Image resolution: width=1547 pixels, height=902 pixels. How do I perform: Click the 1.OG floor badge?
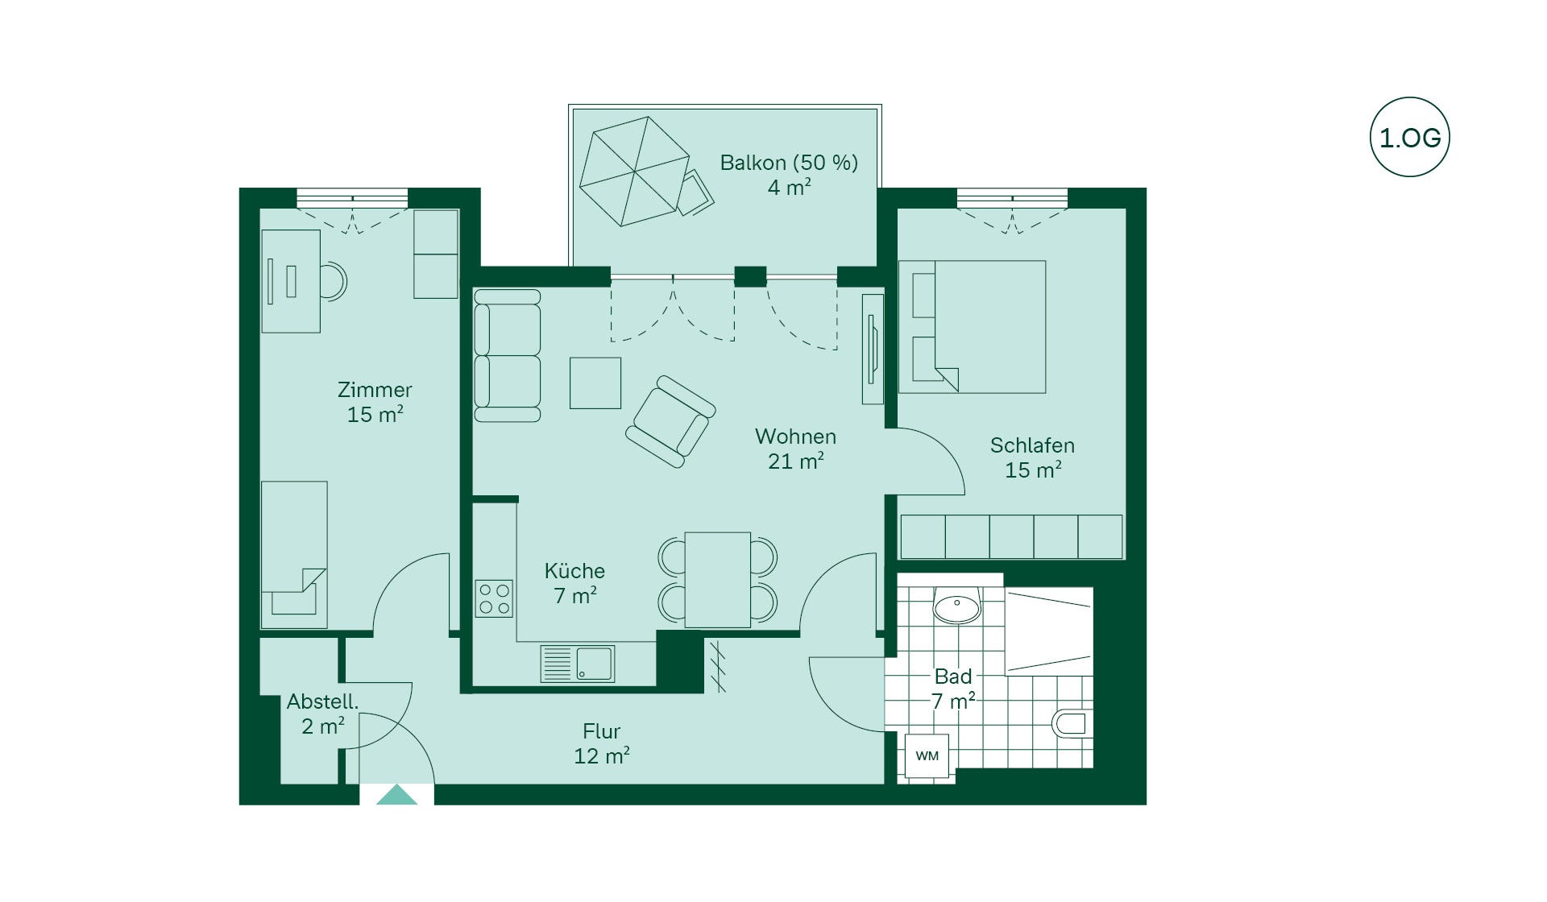1409,137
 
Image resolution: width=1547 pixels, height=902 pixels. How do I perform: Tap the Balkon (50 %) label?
789,163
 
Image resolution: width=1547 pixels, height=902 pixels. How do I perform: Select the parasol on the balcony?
634,172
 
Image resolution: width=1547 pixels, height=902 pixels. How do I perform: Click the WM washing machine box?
927,755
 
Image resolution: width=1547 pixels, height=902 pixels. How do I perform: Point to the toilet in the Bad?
1072,723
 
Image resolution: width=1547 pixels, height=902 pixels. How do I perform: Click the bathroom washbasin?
956,605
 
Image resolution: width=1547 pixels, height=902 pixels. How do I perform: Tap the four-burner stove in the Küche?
494,598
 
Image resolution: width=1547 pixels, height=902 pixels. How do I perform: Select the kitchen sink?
578,664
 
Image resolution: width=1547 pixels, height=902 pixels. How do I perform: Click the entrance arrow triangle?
396,795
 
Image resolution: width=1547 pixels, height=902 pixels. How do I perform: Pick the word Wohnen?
795,437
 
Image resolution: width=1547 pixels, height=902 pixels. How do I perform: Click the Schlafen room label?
1032,445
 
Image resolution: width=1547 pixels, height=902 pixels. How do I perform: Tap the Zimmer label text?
375,390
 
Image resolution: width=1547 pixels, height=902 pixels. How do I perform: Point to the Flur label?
602,731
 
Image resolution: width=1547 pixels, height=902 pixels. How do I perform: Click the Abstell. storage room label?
322,701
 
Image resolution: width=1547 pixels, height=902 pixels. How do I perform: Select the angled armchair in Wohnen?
670,421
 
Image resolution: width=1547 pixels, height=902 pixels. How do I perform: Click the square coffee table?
595,383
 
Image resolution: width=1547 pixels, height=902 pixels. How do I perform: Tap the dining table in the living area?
718,580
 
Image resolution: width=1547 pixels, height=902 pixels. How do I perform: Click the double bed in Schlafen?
973,327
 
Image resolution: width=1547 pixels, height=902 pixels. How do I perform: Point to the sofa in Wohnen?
507,356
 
